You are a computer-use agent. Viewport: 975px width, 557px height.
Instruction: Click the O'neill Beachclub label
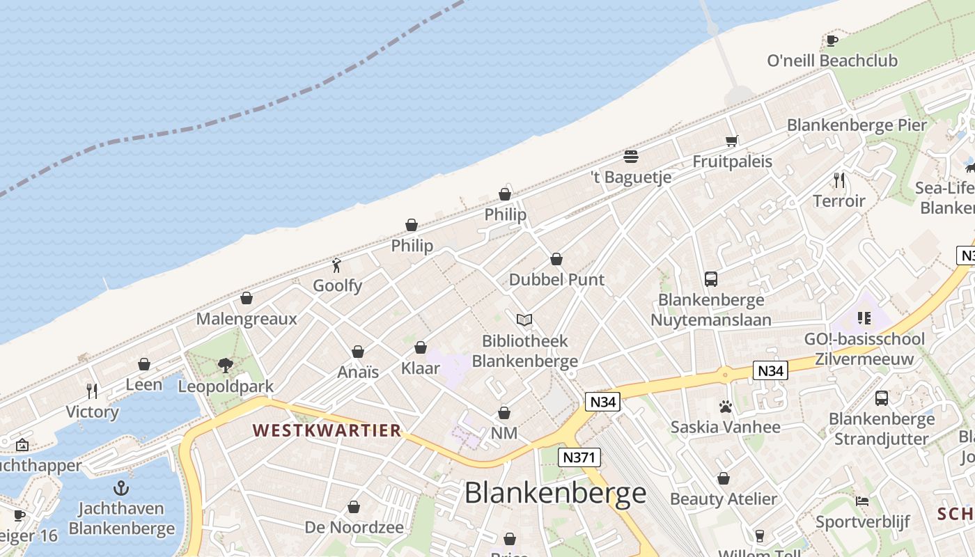coord(832,61)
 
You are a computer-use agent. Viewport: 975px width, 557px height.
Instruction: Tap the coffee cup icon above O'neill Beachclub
coord(832,40)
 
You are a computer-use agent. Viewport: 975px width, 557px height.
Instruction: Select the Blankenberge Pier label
coord(857,125)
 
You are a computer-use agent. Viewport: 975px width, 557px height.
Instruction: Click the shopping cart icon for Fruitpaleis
coord(731,141)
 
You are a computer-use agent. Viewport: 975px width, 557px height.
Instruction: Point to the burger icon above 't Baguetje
coord(631,157)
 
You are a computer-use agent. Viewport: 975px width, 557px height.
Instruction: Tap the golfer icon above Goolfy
coord(337,265)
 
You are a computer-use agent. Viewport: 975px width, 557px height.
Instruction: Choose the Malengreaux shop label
coord(247,319)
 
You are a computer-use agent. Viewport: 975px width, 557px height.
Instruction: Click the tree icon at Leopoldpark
coord(225,365)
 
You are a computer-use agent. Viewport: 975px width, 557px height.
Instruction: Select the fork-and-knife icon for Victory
coord(92,391)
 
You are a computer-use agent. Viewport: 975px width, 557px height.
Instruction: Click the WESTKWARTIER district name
coord(327,430)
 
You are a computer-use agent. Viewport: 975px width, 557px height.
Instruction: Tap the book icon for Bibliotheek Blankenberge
coord(524,320)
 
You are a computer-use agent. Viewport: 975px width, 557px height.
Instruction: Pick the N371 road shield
coord(579,457)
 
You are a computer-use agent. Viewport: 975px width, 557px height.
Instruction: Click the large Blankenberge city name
coord(555,493)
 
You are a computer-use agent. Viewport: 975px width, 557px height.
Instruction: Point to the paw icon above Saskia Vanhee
coord(725,407)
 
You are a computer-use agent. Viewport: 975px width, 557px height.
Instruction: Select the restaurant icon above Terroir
coord(839,181)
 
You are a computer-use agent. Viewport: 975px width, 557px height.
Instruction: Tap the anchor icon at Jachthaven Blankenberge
coord(122,487)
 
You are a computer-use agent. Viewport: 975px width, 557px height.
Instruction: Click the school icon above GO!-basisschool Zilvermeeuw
coord(864,319)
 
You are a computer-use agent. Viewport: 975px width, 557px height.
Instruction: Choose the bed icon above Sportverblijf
coord(862,501)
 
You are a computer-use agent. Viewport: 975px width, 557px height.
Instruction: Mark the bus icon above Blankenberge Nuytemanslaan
coord(711,279)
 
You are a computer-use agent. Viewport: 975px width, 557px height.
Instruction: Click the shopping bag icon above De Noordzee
coord(354,507)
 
